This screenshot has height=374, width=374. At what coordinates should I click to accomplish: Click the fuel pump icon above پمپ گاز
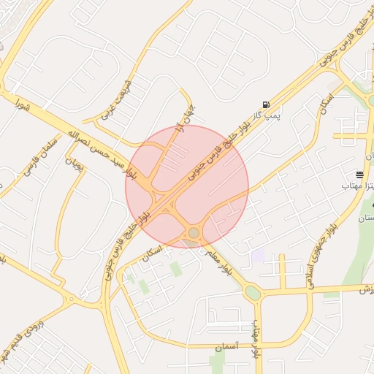point(265,104)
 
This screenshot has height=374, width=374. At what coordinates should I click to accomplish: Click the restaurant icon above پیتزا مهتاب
point(359,175)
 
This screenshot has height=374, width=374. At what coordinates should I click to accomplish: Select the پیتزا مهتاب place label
point(357,186)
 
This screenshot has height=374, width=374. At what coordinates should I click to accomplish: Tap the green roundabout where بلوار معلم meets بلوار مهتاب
point(253,294)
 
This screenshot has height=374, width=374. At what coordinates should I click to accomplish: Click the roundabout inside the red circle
point(194,233)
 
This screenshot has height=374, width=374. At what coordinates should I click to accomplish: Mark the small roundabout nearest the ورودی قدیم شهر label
point(71,299)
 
